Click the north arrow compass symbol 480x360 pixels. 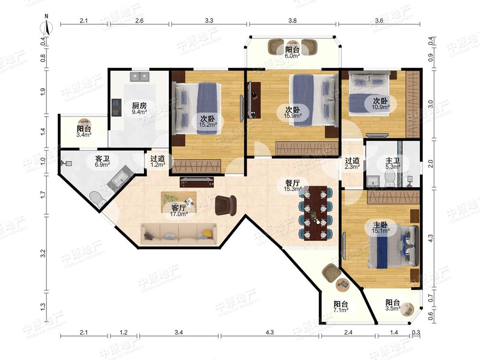(x=47, y=26)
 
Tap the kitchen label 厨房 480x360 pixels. (x=139, y=106)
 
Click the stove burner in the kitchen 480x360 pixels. (x=116, y=108)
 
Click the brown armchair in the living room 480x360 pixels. (x=226, y=205)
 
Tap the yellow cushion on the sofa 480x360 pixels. (x=208, y=233)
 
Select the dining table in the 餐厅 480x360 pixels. (x=316, y=213)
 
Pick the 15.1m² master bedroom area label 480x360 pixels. (x=381, y=231)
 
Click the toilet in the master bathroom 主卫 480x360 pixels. (x=390, y=178)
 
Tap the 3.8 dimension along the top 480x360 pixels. (x=292, y=21)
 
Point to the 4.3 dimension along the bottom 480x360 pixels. (x=270, y=332)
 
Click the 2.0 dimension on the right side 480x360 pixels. (x=431, y=164)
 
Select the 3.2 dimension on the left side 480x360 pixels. (x=43, y=253)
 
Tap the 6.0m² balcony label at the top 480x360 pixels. (x=292, y=56)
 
